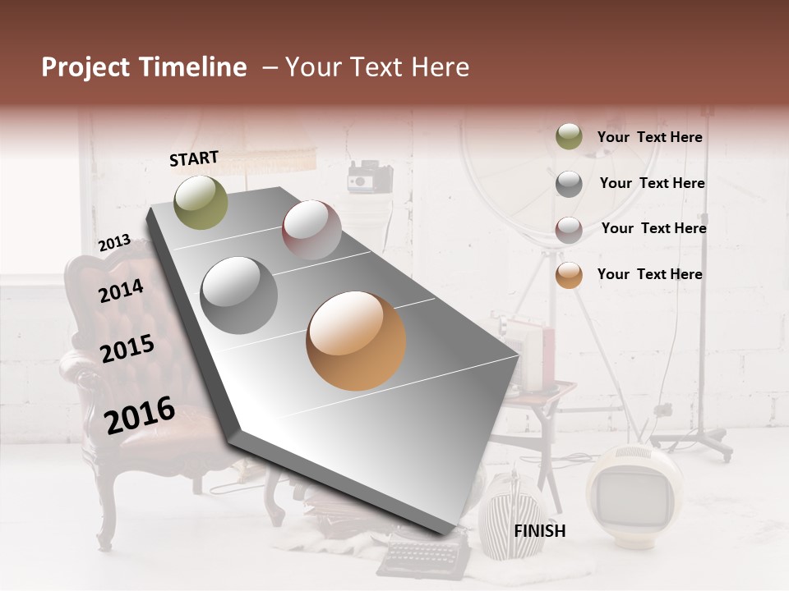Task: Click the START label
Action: coord(194,158)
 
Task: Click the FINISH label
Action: coord(540,531)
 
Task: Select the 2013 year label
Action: coord(114,243)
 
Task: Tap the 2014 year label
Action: coord(121,291)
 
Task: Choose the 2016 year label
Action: coord(140,415)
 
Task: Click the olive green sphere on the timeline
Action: coord(201,202)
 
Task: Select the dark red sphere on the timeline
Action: coord(311,230)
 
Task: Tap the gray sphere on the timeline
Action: coord(239,295)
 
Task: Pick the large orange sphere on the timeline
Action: coord(356,341)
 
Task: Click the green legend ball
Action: coord(569,137)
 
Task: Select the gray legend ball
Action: coord(569,183)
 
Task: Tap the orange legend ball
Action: coord(569,275)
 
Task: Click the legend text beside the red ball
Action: coord(653,228)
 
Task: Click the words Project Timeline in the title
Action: coord(144,67)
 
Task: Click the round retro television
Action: coord(634,493)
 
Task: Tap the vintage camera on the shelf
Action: coord(369,176)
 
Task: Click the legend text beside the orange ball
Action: coord(649,274)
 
